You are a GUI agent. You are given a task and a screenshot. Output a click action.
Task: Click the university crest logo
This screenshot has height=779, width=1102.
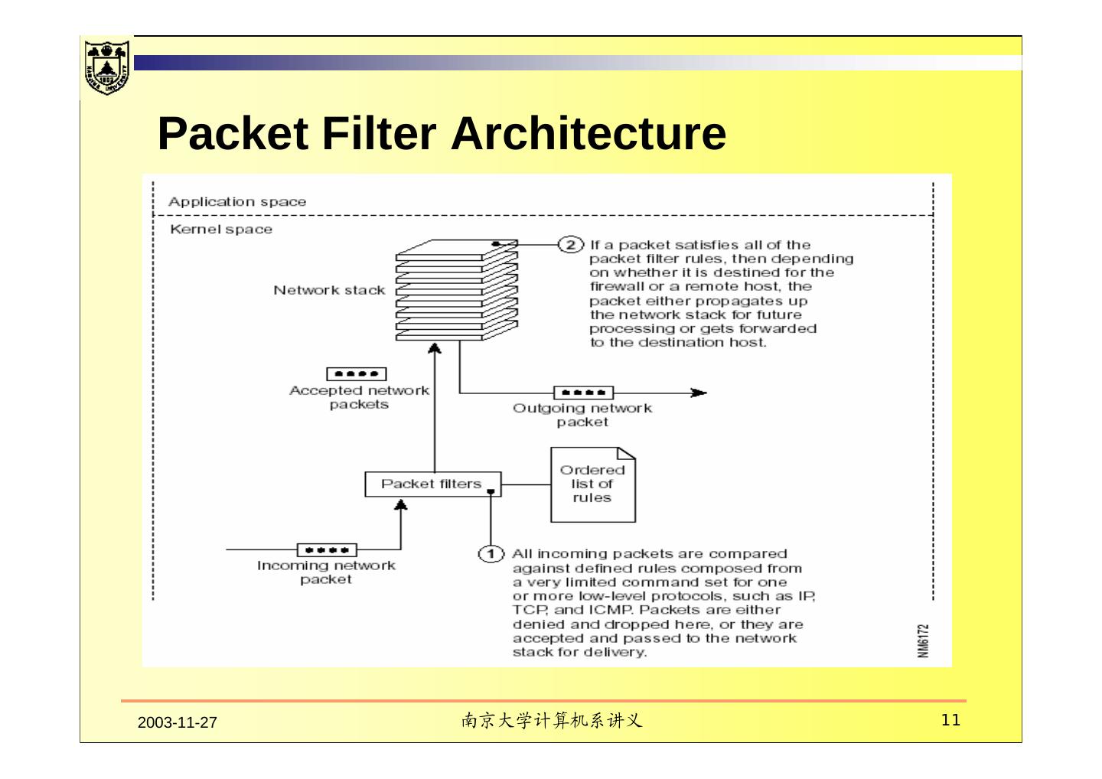tap(107, 67)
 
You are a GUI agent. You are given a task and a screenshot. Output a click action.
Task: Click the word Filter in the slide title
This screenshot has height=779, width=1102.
tap(379, 133)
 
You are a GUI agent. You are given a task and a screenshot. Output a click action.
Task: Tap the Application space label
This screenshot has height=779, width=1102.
tap(237, 201)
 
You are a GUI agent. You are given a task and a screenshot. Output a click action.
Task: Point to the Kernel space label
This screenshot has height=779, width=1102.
tap(221, 229)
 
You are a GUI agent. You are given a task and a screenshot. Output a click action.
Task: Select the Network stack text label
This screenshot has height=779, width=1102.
tap(329, 290)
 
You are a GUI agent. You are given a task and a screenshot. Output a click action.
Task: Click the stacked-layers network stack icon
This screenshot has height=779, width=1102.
tap(457, 290)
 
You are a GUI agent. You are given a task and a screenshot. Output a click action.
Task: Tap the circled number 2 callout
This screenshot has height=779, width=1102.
tap(571, 244)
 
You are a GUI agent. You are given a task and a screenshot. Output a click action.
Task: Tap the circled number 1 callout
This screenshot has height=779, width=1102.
tap(491, 554)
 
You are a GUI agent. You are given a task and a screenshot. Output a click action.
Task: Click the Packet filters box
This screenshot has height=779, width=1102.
tap(433, 484)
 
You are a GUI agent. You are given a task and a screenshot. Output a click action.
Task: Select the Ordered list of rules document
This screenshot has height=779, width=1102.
tap(593, 484)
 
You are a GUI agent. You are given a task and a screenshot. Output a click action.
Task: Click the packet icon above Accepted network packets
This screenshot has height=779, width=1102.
tap(356, 374)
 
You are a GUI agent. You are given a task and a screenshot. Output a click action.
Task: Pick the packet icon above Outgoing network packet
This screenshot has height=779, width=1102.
tap(583, 393)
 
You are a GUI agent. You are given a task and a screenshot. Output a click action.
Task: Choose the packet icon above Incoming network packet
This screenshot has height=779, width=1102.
tap(328, 550)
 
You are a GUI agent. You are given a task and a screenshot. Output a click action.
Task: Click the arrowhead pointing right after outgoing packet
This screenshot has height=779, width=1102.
tap(699, 393)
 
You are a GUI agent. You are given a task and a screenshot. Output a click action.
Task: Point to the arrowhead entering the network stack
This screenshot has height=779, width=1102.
tap(435, 348)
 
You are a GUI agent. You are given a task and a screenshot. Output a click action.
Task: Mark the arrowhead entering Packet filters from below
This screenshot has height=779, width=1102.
tap(401, 504)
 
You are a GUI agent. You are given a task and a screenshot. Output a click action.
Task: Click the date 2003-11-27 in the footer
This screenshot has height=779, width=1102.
tap(177, 722)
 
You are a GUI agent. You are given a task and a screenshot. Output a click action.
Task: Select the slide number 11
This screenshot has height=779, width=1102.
tap(950, 720)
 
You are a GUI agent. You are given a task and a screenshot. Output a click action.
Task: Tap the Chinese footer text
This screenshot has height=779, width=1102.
tap(552, 721)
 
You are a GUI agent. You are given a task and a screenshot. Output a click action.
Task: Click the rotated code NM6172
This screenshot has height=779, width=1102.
tap(924, 640)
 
